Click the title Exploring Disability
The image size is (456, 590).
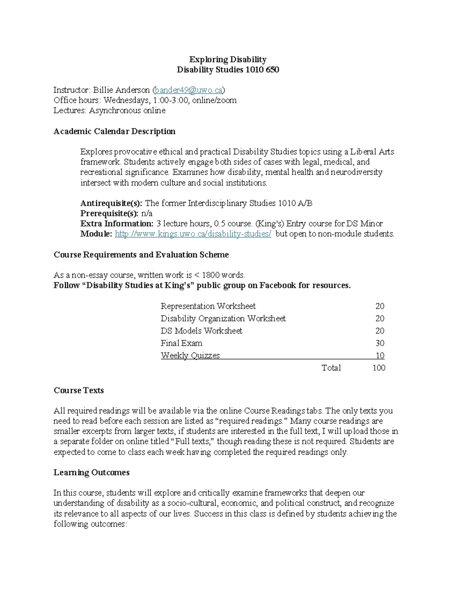pyautogui.click(x=228, y=59)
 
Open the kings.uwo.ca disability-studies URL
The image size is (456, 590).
pyautogui.click(x=193, y=234)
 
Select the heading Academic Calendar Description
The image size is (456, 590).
pyautogui.click(x=114, y=131)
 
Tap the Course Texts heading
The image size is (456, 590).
pyautogui.click(x=79, y=391)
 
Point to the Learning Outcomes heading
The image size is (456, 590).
pyautogui.click(x=92, y=473)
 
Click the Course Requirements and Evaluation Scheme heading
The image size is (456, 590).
pyautogui.click(x=141, y=255)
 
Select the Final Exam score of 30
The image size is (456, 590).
pyautogui.click(x=380, y=343)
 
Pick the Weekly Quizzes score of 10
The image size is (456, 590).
pyautogui.click(x=380, y=356)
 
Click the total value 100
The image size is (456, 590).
pyautogui.click(x=379, y=368)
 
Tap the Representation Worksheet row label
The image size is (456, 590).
pyautogui.click(x=208, y=306)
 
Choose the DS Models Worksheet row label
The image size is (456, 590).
pyautogui.click(x=201, y=331)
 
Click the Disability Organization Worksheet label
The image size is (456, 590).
pyautogui.click(x=223, y=318)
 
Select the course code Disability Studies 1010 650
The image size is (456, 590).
pyautogui.click(x=228, y=70)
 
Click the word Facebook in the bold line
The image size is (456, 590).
pyautogui.click(x=277, y=285)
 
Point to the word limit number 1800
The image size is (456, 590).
pyautogui.click(x=211, y=275)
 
